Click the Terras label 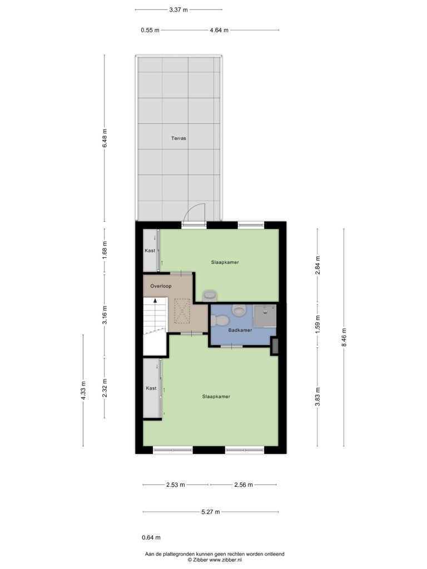178,138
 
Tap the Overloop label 161,286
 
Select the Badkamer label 240,330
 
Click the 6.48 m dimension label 105,138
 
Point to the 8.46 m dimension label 344,337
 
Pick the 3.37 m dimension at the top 178,10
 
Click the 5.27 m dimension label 211,512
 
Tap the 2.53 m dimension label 175,485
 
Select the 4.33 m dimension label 83,390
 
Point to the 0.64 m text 151,538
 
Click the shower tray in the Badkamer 265,316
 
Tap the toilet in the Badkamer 220,321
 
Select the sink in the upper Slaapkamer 210,296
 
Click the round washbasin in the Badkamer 239,310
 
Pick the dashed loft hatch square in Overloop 182,311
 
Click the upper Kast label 150,251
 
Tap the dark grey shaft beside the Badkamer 275,346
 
